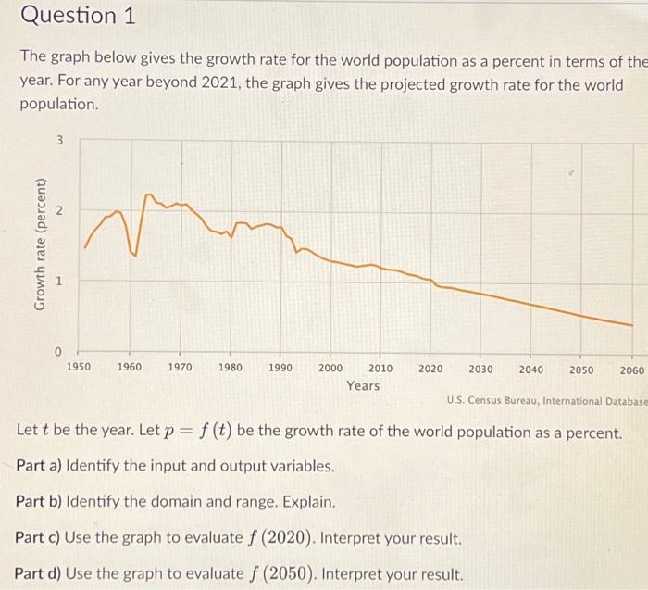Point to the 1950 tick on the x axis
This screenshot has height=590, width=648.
pyautogui.click(x=80, y=368)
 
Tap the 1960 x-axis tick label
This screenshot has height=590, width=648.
pyautogui.click(x=130, y=368)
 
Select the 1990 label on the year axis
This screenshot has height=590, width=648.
pyautogui.click(x=280, y=368)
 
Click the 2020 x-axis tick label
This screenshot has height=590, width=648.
pyautogui.click(x=430, y=368)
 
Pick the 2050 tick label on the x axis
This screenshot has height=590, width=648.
pyautogui.click(x=581, y=369)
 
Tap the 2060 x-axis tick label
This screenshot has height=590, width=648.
pyautogui.click(x=631, y=369)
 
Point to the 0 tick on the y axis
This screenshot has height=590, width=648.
pyautogui.click(x=57, y=352)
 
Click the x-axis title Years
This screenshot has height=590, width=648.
pyautogui.click(x=363, y=385)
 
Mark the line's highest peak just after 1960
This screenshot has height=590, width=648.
pyautogui.click(x=147, y=195)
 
